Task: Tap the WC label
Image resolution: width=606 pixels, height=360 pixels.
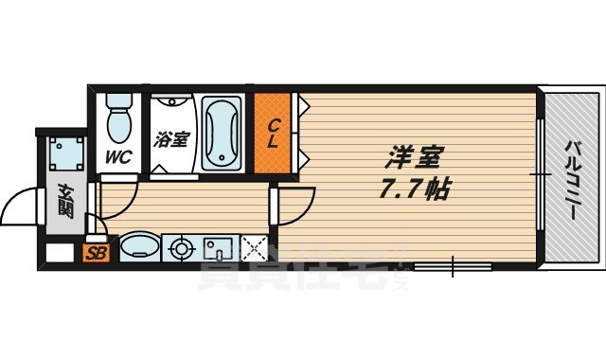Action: (118, 155)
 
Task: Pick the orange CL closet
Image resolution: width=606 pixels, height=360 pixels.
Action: (273, 133)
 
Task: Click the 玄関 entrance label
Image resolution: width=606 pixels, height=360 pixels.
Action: (65, 202)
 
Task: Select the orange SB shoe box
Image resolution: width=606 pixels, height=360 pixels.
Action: (95, 253)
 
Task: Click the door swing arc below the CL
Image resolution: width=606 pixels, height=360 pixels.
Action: (299, 200)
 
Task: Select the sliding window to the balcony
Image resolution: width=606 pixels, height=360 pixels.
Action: (539, 174)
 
